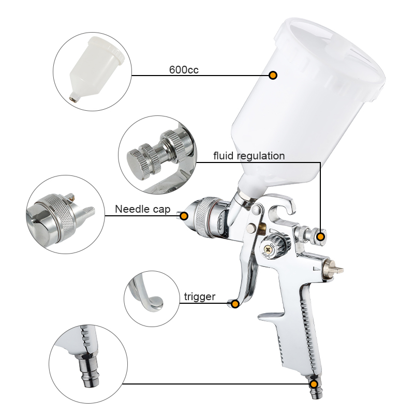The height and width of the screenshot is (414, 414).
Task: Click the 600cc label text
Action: click(x=184, y=70)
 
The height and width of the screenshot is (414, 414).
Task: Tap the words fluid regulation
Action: click(x=249, y=156)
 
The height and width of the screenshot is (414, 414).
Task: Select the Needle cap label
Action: click(x=143, y=209)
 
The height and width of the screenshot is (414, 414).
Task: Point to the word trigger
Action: click(x=200, y=297)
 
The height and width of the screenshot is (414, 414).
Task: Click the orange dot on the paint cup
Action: click(x=273, y=75)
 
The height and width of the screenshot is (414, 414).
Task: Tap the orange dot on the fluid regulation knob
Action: click(x=320, y=237)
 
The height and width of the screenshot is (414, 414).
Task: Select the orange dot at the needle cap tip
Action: click(x=184, y=216)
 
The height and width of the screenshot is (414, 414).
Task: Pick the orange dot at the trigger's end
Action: click(x=235, y=304)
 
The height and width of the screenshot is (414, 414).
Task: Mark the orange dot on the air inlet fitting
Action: click(x=314, y=384)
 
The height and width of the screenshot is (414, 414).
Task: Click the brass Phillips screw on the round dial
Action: click(x=269, y=249)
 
